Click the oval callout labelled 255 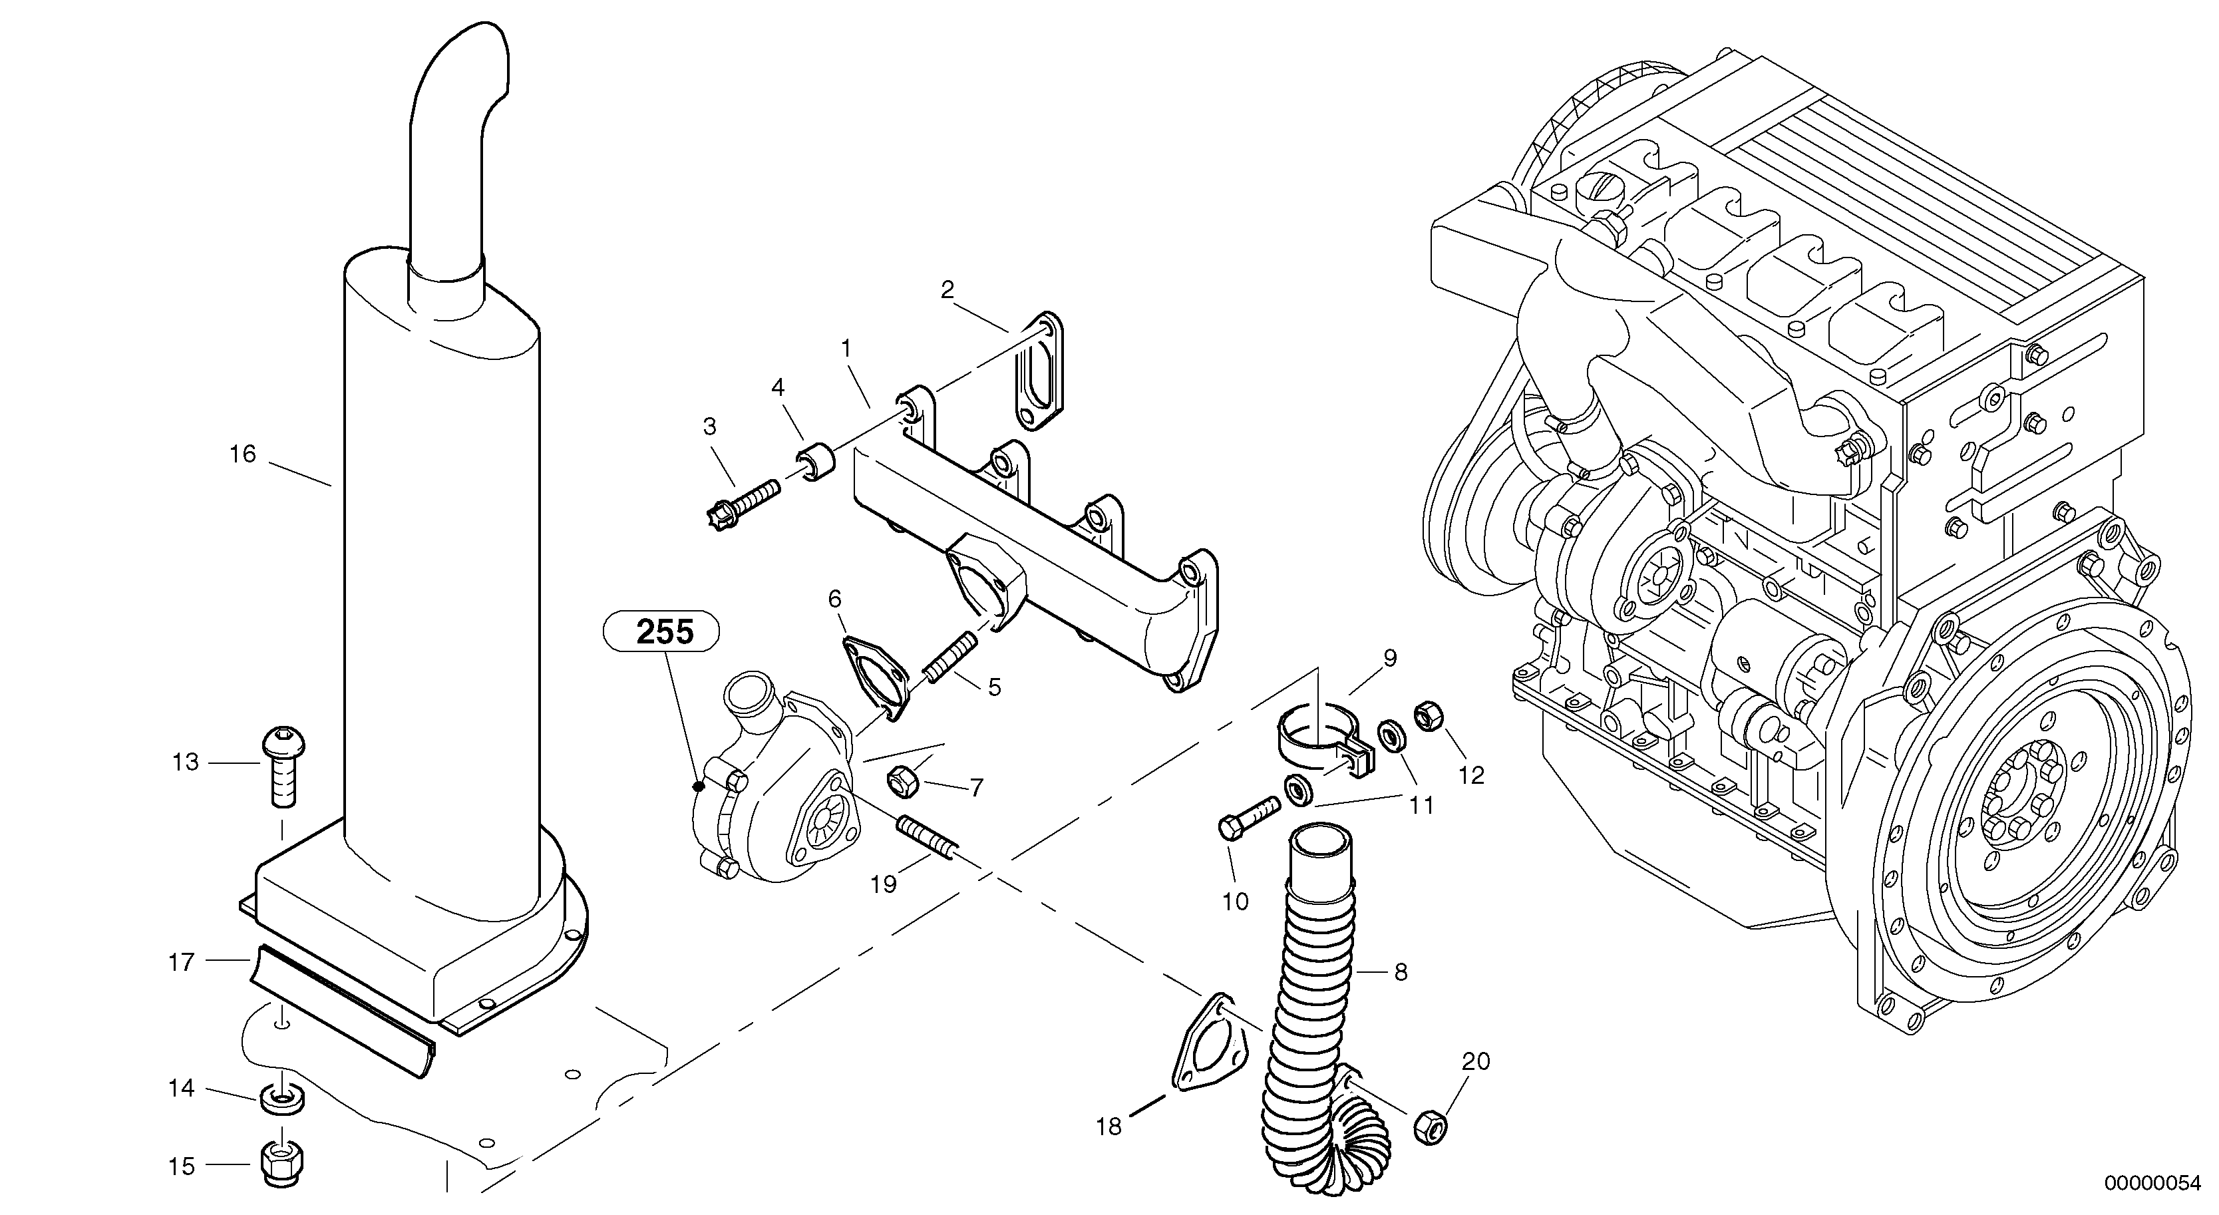[x=661, y=633]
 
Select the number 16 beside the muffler [x=243, y=454]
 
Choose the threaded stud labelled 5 [x=947, y=654]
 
